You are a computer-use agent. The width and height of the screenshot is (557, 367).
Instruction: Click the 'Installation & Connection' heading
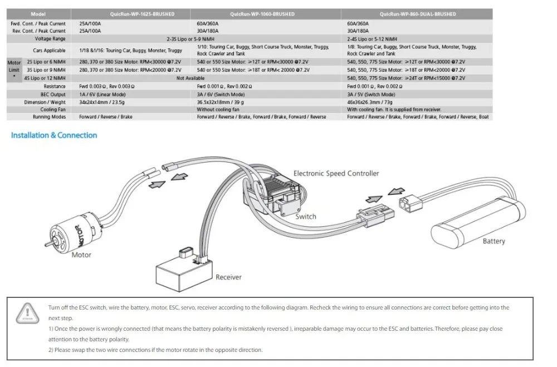(x=54, y=135)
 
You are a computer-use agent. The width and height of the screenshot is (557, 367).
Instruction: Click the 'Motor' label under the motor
(x=81, y=255)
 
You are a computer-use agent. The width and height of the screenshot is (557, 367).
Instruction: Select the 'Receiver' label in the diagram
(x=228, y=277)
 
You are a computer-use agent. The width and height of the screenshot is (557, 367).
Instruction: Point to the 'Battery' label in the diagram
(x=494, y=241)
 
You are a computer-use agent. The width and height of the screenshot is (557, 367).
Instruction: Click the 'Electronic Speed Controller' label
(x=336, y=174)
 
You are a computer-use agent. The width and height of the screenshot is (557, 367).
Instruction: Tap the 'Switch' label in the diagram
(x=306, y=217)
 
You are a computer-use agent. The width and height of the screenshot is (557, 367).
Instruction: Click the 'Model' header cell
(x=39, y=14)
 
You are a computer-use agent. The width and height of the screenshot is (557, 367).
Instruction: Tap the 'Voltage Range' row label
(x=50, y=39)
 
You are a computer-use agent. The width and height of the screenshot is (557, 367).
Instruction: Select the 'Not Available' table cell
(x=190, y=79)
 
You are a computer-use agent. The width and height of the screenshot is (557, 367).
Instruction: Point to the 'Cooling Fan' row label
(x=53, y=110)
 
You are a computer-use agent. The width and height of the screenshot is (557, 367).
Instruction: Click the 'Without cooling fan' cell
(x=218, y=110)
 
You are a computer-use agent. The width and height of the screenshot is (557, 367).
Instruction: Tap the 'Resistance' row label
(x=55, y=87)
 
